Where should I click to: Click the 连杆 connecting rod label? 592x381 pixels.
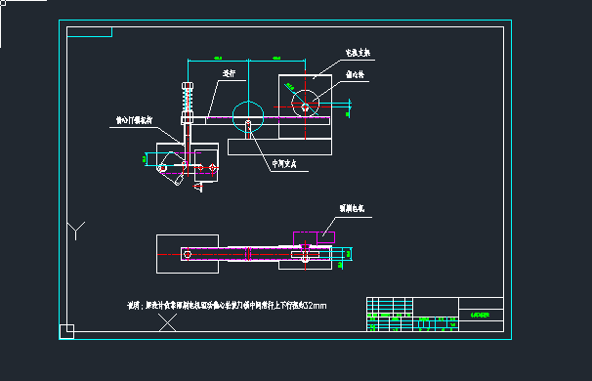[230, 72]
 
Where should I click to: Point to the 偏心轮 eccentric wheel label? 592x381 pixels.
[357, 73]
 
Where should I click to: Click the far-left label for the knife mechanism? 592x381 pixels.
[134, 120]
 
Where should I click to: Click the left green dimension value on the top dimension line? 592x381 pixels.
[219, 61]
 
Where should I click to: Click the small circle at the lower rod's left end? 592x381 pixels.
[186, 254]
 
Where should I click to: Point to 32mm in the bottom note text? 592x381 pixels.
[316, 306]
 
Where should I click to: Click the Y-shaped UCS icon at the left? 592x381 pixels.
[76, 232]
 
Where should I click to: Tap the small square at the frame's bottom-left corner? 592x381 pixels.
[66, 331]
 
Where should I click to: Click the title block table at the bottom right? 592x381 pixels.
[435, 316]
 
